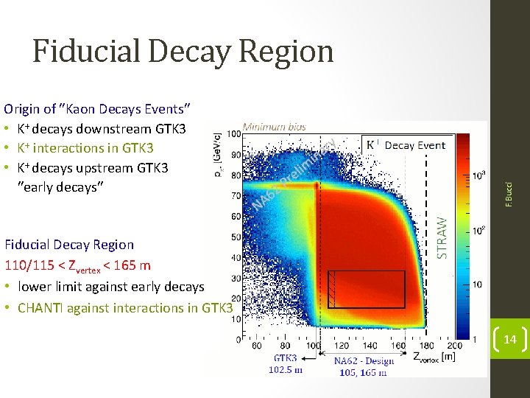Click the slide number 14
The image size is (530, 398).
pyautogui.click(x=509, y=339)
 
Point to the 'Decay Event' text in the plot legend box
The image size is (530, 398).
pyautogui.click(x=415, y=145)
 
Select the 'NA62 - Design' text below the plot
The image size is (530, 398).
pyautogui.click(x=364, y=360)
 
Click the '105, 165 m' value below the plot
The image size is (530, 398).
pyautogui.click(x=364, y=372)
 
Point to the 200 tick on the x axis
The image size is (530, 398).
pyautogui.click(x=455, y=345)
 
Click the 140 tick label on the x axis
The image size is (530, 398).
pyautogui.click(x=370, y=345)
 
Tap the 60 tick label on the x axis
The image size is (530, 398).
pyautogui.click(x=256, y=345)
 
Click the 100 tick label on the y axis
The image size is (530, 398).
pyautogui.click(x=234, y=135)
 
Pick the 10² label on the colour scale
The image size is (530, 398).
pyautogui.click(x=479, y=231)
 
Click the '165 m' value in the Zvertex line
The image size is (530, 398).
pyautogui.click(x=134, y=265)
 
